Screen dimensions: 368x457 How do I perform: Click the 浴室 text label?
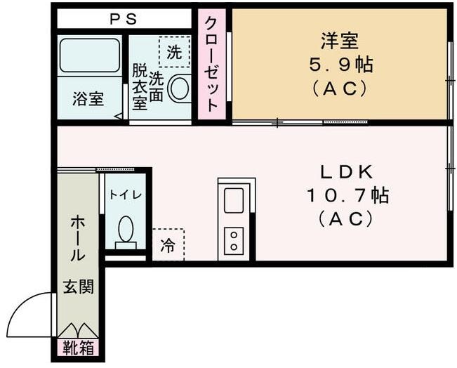pyautogui.click(x=88, y=99)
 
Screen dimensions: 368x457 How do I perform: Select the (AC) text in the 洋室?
pyautogui.click(x=340, y=90)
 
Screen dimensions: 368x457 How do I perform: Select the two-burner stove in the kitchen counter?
pyautogui.click(x=233, y=240)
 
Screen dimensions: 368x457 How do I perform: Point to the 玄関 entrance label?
pyautogui.click(x=77, y=287)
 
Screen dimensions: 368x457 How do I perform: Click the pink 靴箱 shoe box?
pyautogui.click(x=77, y=346)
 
